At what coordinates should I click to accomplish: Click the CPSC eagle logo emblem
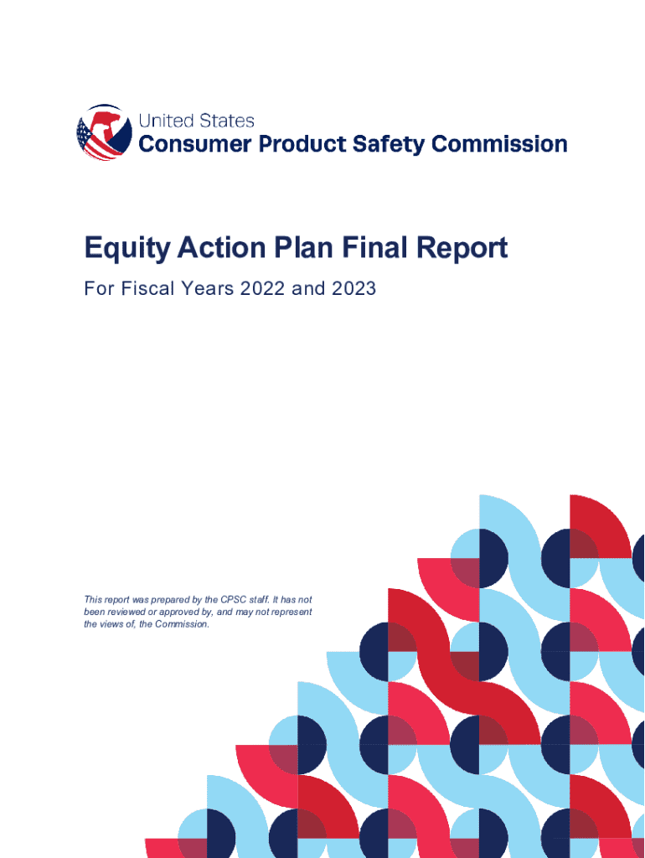coord(104,132)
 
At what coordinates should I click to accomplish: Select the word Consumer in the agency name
coord(195,144)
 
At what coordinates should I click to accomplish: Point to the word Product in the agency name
coord(302,144)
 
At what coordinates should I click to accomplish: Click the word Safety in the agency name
coord(389,145)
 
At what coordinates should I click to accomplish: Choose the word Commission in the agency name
coord(499,144)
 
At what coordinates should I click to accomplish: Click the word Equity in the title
coord(127,249)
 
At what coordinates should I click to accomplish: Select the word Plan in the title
coord(303,247)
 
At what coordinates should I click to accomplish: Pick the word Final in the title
coord(375,247)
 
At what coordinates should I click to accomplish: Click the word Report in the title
coord(462,249)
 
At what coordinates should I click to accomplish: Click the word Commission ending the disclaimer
coord(182,623)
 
